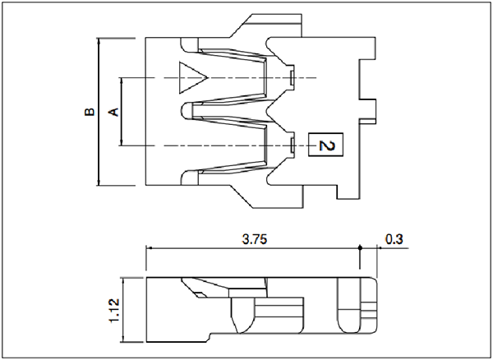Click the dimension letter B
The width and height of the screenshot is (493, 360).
click(90, 113)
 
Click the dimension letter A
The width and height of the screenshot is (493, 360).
click(114, 113)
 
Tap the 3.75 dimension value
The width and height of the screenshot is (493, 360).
click(255, 239)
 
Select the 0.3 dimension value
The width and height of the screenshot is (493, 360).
click(394, 239)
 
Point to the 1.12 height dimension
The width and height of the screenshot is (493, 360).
click(114, 311)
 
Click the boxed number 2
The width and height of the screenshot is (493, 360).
click(326, 145)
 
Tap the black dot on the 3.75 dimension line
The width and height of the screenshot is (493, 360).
click(361, 247)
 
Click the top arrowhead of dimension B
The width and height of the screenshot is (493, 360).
click(99, 41)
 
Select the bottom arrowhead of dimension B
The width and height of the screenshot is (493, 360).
click(99, 182)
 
